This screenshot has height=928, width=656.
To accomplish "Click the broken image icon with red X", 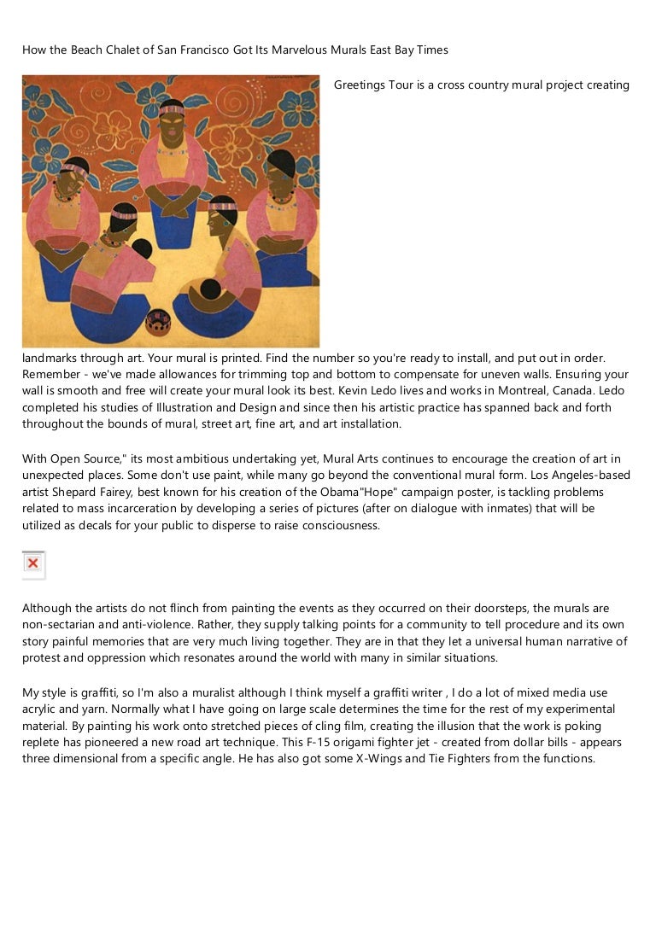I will [x=32, y=564].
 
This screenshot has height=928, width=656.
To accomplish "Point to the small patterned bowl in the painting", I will [x=158, y=321].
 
